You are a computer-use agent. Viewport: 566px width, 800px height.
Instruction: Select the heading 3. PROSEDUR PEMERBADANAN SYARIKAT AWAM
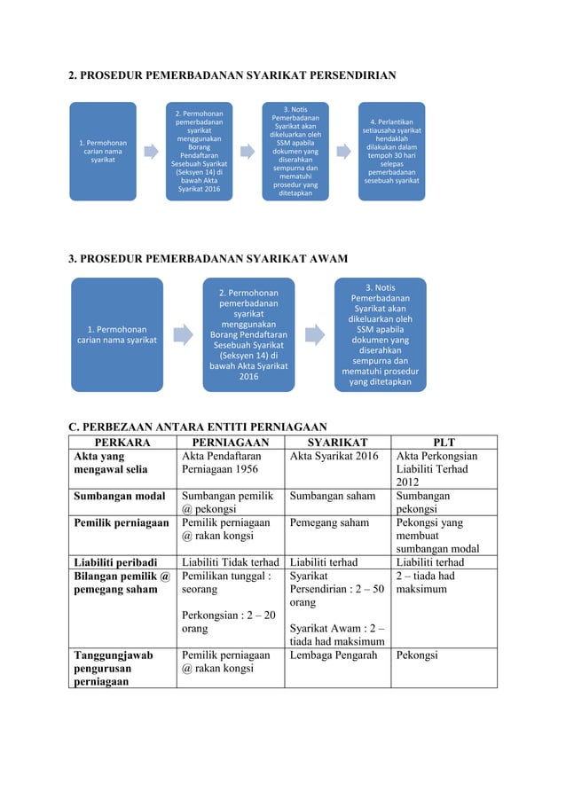pyautogui.click(x=208, y=258)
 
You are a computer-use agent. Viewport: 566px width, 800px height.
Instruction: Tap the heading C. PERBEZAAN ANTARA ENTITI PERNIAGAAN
pyautogui.click(x=198, y=427)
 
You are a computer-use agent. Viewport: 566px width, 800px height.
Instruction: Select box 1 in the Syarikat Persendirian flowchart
pyautogui.click(x=103, y=151)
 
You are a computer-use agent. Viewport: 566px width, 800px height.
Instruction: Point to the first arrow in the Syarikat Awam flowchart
pyautogui.click(x=183, y=334)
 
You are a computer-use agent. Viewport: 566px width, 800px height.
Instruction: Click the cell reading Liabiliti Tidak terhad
pyautogui.click(x=231, y=563)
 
